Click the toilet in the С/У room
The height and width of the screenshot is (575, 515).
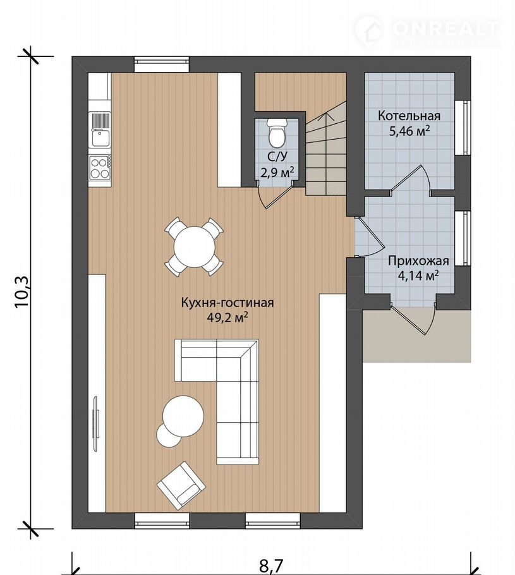coord(277,132)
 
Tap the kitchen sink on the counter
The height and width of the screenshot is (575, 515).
coord(100,130)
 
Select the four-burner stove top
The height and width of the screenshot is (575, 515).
coord(100,167)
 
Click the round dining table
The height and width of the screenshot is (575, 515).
coord(195,247)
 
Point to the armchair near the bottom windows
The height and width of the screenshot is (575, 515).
coord(181,485)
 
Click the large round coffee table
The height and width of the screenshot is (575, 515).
coord(183,416)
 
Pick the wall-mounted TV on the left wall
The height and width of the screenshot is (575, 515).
coord(97,423)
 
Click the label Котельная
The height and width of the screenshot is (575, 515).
coord(409,116)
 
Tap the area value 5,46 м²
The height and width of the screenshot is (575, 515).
coord(409,131)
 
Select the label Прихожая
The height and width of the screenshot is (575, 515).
coord(418,261)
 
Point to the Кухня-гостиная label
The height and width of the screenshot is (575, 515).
coord(227,303)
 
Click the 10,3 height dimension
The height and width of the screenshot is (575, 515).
coord(22,291)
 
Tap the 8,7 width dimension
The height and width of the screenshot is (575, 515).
coord(272,566)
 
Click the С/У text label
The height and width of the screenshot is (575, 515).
coord(277,157)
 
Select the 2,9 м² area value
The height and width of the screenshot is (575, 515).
coord(277,171)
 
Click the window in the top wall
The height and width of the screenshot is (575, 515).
coord(161,65)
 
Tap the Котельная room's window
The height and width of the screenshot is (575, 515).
coord(463,128)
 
